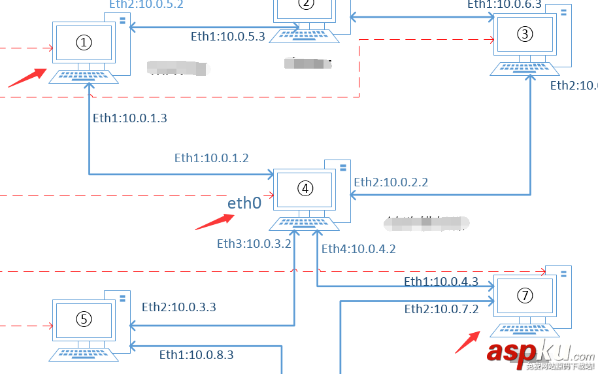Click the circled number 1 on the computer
tap(84, 42)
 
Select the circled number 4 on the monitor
tap(305, 188)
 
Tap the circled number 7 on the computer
tap(525, 296)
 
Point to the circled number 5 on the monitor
tap(84, 319)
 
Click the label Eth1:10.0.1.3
tap(130, 118)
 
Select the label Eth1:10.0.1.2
tap(211, 158)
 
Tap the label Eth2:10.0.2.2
tap(391, 182)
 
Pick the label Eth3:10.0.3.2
tap(254, 244)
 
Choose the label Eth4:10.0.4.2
tap(359, 248)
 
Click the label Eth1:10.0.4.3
tap(441, 282)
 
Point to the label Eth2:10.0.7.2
tap(442, 309)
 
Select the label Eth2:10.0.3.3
tap(179, 307)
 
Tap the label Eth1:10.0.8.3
tap(196, 355)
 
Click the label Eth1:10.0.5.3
tap(228, 37)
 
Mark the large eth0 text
tap(244, 203)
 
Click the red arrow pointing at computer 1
tap(27, 77)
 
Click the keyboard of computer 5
tap(84, 354)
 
